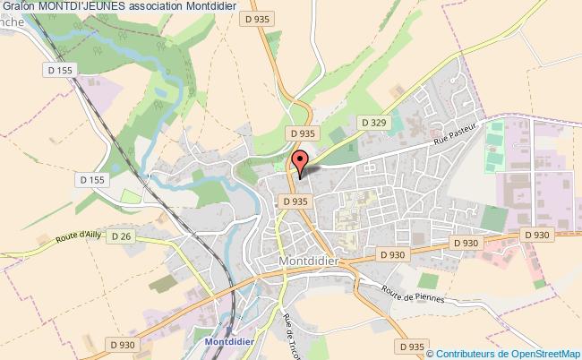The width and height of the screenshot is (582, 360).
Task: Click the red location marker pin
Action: (299, 161)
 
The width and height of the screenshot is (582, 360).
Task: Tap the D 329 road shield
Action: (372, 121)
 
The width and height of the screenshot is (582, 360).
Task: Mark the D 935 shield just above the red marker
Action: (302, 133)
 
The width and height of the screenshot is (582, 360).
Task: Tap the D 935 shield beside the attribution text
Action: (411, 346)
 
